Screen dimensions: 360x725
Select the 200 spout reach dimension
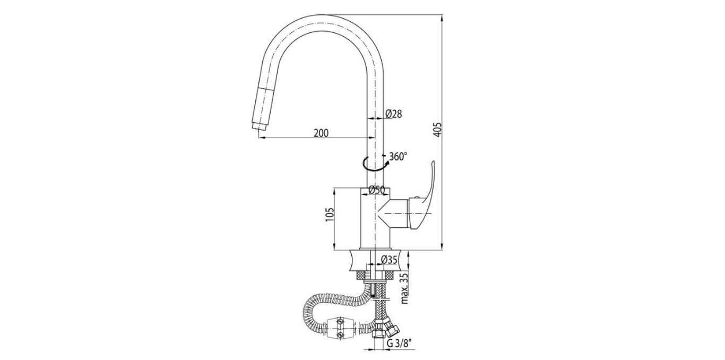click(x=321, y=133)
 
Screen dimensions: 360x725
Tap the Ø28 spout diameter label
click(x=393, y=114)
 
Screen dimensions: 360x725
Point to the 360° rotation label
click(x=398, y=157)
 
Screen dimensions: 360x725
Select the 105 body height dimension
click(x=329, y=218)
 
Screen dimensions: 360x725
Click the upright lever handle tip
click(x=433, y=165)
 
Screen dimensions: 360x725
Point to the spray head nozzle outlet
click(x=257, y=127)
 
